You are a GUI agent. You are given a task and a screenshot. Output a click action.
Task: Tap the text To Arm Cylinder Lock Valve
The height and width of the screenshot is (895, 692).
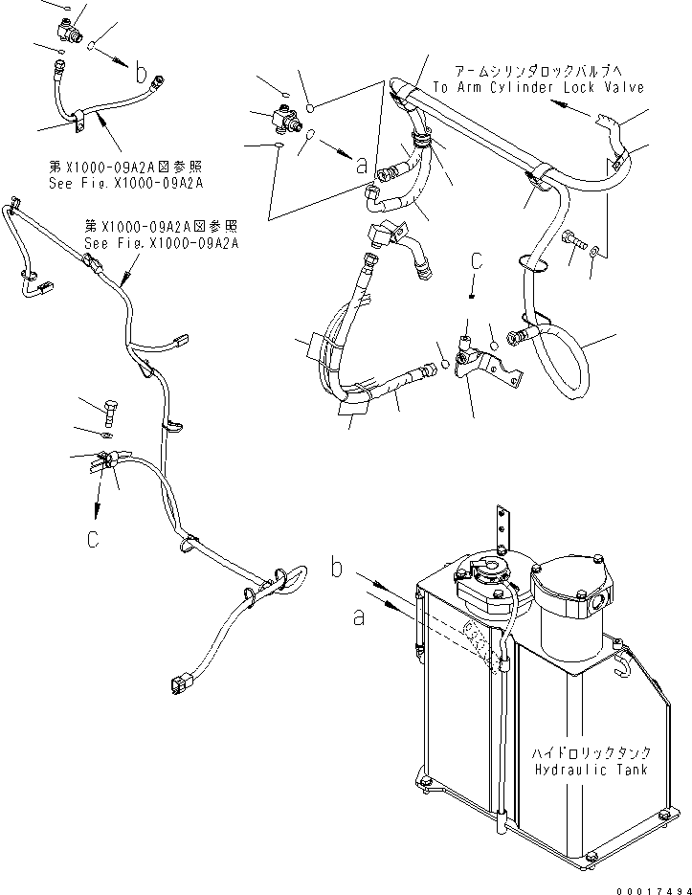click(x=539, y=87)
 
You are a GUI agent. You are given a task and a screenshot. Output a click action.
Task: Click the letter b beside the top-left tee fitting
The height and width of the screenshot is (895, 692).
click(x=142, y=72)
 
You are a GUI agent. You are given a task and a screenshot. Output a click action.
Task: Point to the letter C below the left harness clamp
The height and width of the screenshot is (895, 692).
click(x=93, y=539)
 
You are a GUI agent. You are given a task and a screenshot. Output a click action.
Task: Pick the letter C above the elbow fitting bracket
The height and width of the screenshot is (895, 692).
click(x=475, y=262)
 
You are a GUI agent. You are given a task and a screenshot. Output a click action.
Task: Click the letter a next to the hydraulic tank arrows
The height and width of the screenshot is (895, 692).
click(x=359, y=619)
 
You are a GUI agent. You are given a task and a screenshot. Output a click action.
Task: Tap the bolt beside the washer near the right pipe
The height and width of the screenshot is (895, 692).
click(x=573, y=240)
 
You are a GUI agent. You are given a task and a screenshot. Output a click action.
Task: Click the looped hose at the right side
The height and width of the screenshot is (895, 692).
click(x=565, y=359)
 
